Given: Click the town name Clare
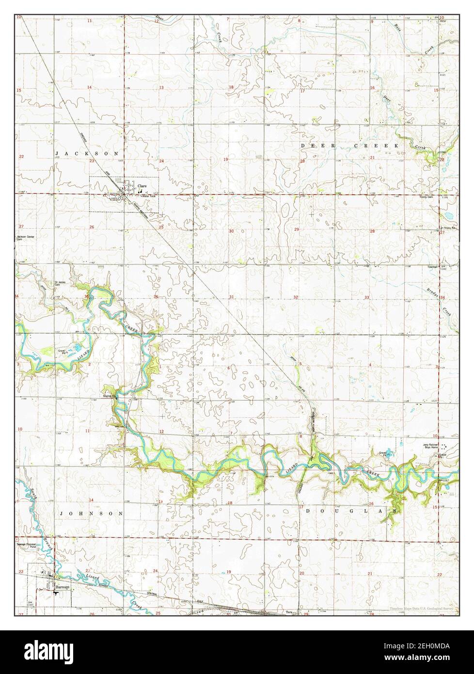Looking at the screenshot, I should point(142,186).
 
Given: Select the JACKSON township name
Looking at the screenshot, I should point(87,153).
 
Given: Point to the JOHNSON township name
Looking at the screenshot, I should point(90,513).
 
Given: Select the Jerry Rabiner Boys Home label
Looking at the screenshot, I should point(430,446).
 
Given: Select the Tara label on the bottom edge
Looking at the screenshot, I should point(289,612).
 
